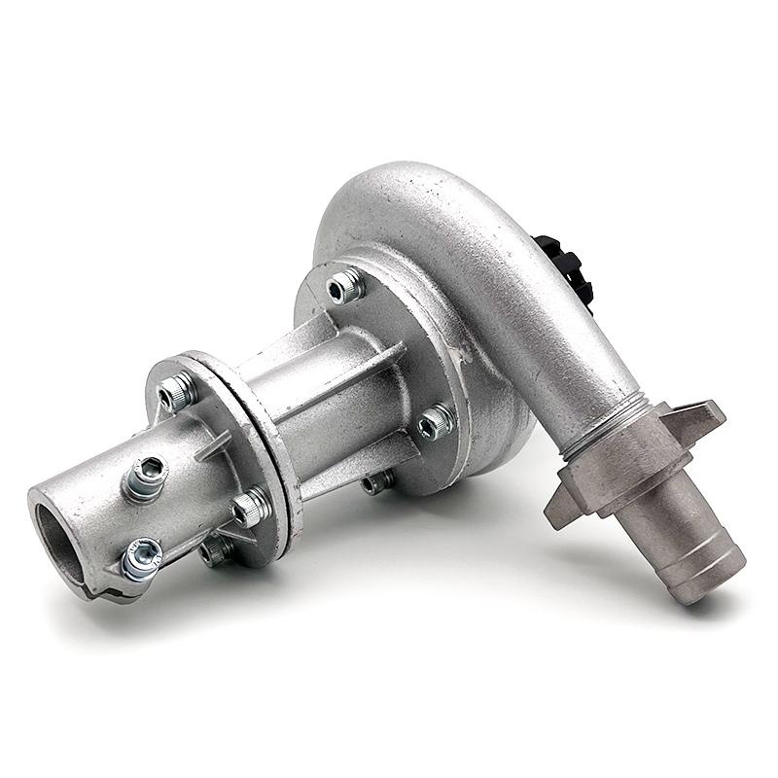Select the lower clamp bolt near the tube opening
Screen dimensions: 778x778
point(142,560)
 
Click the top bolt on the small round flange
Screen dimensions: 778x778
point(178,391)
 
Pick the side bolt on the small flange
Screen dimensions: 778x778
point(250,506)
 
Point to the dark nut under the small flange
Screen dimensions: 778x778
point(214,552)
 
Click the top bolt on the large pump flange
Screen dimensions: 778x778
point(345,286)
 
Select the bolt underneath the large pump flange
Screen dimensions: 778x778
point(378,480)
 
